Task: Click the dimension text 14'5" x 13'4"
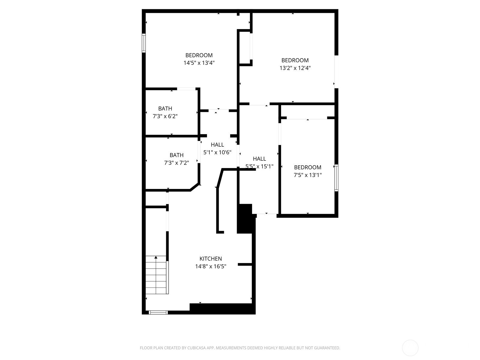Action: point(199,63)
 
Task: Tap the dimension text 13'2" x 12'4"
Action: point(295,68)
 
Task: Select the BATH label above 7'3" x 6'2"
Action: point(165,108)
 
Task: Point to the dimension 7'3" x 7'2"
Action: point(176,163)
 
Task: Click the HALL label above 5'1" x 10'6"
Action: point(217,145)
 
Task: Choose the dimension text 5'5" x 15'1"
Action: point(259,166)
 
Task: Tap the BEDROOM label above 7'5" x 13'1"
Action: point(308,167)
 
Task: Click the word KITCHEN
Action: point(211,259)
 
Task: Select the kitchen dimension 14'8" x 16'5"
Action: point(211,266)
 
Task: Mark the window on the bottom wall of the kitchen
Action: point(158,313)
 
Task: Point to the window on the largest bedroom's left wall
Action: point(144,43)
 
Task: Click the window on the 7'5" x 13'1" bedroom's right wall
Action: point(336,178)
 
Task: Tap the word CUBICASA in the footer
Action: point(196,348)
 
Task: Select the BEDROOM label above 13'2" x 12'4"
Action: point(295,60)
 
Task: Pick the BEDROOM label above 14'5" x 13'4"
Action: point(199,55)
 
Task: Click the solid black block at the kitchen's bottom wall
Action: point(222,309)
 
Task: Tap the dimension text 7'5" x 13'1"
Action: point(308,175)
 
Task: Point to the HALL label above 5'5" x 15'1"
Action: point(259,159)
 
